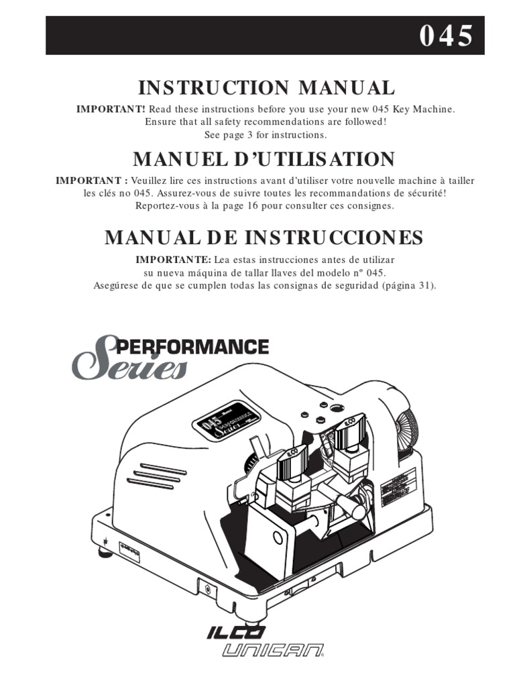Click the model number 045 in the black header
coord(446,36)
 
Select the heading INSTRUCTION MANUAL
coord(266,87)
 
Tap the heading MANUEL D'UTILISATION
coord(264,159)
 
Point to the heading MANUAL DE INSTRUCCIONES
coord(264,237)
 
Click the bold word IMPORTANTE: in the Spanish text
coord(174,260)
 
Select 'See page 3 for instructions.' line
coord(266,135)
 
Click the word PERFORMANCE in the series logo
coord(193,347)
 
